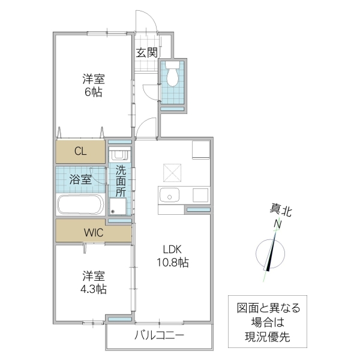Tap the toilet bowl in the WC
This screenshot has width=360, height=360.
pyautogui.click(x=172, y=76)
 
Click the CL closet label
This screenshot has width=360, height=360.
pyautogui.click(x=80, y=151)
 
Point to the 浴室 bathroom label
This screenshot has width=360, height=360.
pyautogui.click(x=80, y=179)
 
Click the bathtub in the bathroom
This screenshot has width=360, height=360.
pyautogui.click(x=81, y=204)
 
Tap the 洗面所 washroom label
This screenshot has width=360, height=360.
pyautogui.click(x=121, y=181)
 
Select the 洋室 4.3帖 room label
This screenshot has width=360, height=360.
pyautogui.click(x=94, y=283)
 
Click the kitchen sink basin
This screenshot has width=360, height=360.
pyautogui.click(x=169, y=196)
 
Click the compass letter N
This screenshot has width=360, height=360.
pyautogui.click(x=278, y=224)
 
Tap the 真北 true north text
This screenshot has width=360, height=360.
pyautogui.click(x=280, y=211)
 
